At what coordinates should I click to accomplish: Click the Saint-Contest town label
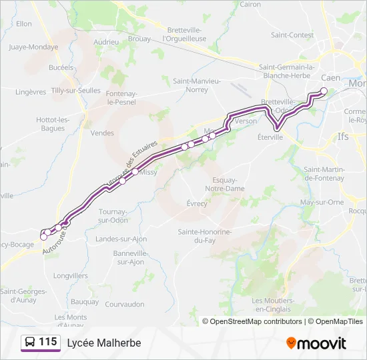coord(292,35)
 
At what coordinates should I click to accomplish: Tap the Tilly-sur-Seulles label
coord(76,91)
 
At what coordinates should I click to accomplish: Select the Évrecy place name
coord(197,203)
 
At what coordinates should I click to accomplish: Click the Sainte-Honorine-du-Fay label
coord(205,236)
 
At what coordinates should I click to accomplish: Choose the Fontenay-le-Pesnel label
coord(121,98)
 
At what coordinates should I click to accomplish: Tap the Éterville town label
coord(270,137)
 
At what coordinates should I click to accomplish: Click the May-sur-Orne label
coord(322,202)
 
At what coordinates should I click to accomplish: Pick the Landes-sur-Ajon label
coord(121,239)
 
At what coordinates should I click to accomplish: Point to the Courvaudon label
coord(125,305)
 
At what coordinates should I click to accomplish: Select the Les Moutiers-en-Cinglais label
coord(271,305)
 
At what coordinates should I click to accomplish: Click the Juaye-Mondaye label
coord(34,47)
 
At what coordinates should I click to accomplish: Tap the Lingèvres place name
coord(30,91)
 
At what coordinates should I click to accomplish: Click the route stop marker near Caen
coord(324,91)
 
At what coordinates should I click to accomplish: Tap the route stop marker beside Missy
coord(135,172)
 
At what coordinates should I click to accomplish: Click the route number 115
coord(47,342)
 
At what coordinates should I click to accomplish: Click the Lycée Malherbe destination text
coord(104,343)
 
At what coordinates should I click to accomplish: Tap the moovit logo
coord(316,343)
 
